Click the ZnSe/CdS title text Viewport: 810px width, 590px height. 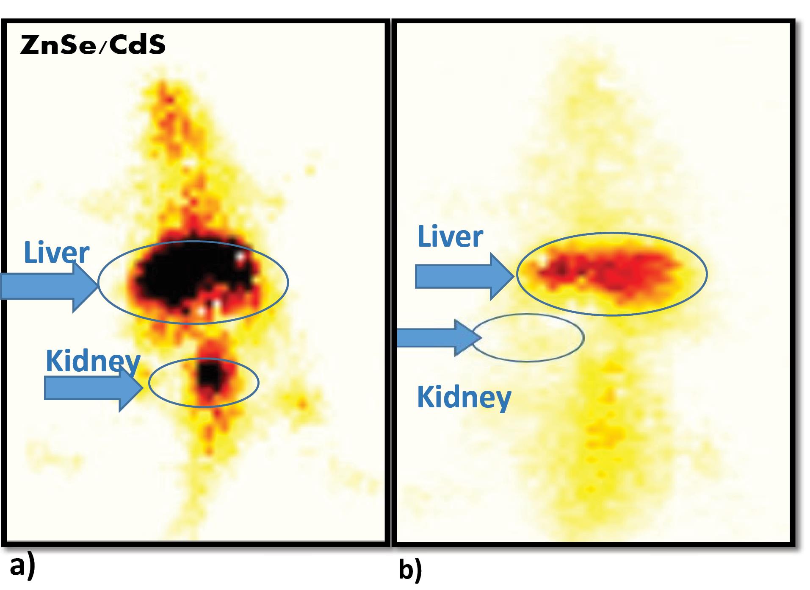pyautogui.click(x=92, y=45)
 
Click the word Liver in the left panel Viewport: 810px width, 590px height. pyautogui.click(x=56, y=253)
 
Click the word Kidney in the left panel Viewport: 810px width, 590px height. pyautogui.click(x=93, y=361)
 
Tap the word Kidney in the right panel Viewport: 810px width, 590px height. pyautogui.click(x=464, y=397)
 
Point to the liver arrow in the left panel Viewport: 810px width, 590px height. pyautogui.click(x=49, y=286)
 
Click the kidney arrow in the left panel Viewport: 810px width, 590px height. pyautogui.click(x=93, y=387)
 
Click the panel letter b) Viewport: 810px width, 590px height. pyautogui.click(x=410, y=569)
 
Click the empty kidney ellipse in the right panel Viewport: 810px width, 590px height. pyautogui.click(x=528, y=338)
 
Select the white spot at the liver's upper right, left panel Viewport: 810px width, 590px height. pyautogui.click(x=241, y=256)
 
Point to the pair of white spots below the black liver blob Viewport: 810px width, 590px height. pyautogui.click(x=209, y=307)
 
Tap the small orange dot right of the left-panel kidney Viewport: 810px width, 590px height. pyautogui.click(x=302, y=403)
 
